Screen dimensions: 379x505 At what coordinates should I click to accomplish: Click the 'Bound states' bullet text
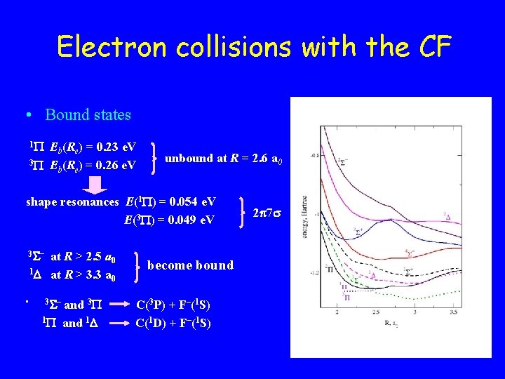(88, 114)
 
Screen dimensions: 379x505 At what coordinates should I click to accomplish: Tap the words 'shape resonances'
(72, 202)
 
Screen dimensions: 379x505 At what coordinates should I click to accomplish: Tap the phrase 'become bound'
(190, 265)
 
